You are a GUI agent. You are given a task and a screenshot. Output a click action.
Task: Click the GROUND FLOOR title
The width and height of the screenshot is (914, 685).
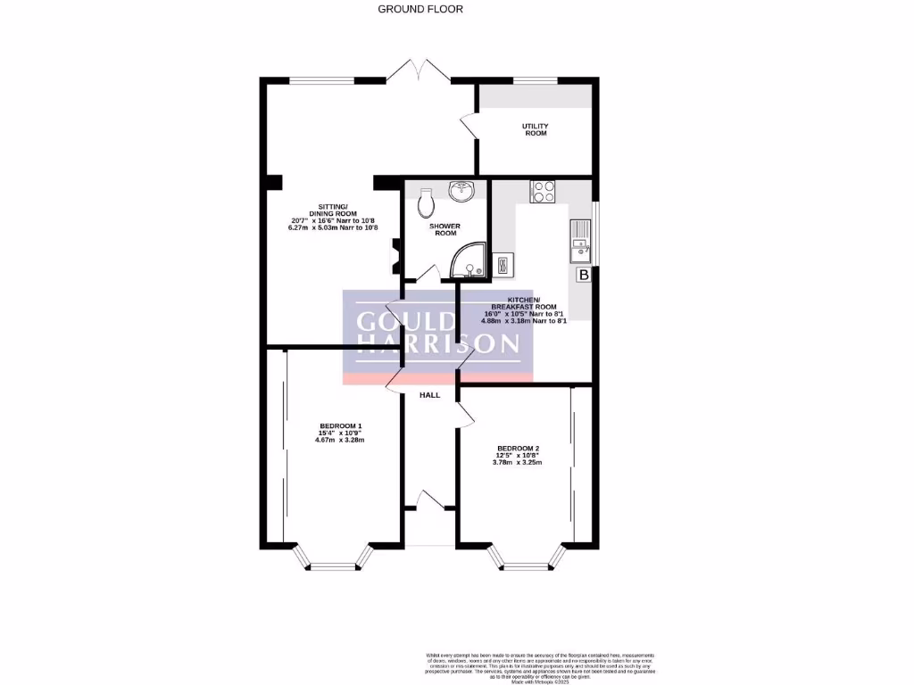click(x=420, y=9)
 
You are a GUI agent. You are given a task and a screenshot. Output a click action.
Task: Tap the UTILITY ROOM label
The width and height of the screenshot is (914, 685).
click(x=535, y=130)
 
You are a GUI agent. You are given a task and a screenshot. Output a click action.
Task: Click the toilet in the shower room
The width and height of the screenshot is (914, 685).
click(x=425, y=202)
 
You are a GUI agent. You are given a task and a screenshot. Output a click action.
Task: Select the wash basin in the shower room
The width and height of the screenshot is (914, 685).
click(x=462, y=190)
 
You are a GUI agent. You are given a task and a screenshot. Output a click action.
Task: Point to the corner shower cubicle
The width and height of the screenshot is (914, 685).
click(x=469, y=260)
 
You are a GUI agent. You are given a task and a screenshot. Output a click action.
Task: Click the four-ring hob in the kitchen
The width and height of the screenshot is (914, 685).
click(x=543, y=191)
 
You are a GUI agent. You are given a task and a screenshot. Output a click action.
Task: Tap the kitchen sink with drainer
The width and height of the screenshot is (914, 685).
click(x=578, y=242)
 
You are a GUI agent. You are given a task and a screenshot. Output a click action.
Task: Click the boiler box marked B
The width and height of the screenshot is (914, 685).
click(x=584, y=275)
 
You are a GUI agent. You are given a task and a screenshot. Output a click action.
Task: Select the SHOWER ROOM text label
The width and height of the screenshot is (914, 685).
click(x=445, y=229)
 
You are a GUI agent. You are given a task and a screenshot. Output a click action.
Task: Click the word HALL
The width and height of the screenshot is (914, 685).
click(x=429, y=395)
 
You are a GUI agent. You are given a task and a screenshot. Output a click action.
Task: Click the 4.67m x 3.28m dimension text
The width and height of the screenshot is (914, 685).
click(x=340, y=440)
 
